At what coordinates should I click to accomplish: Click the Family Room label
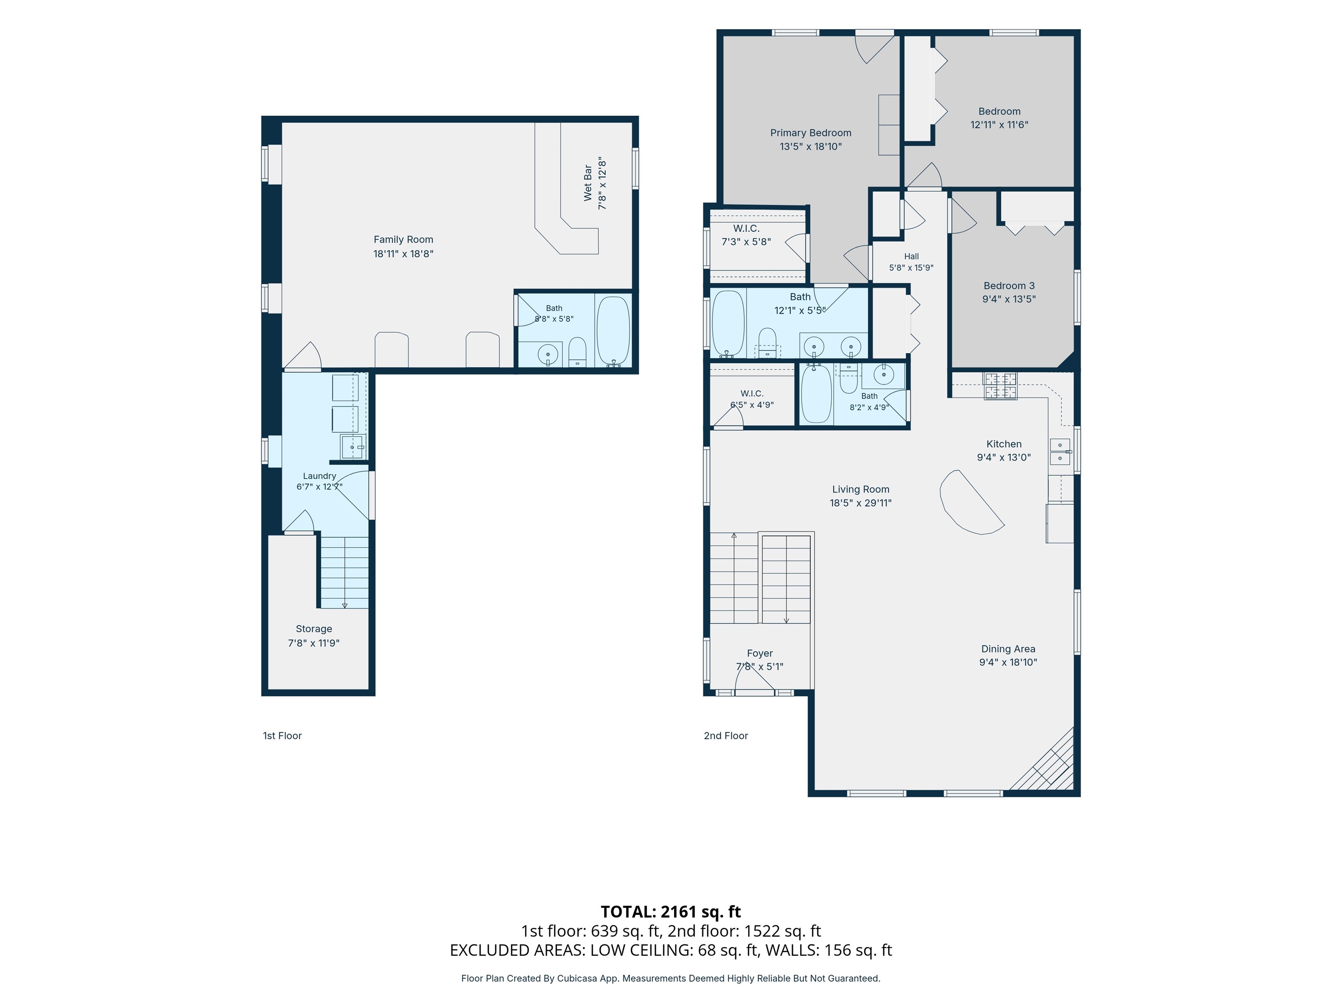pos(404,240)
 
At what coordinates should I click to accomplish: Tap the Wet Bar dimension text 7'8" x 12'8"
pos(602,184)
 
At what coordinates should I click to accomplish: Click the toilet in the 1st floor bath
pos(577,352)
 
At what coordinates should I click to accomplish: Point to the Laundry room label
pos(320,476)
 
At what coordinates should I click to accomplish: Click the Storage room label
pos(314,629)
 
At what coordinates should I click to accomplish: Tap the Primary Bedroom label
pos(810,133)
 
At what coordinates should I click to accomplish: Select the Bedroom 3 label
pos(1009,286)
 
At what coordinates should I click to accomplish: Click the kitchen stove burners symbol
pos(1000,386)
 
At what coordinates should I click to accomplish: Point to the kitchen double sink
pos(1060,452)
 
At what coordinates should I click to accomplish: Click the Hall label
pos(911,256)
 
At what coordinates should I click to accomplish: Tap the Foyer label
pos(760,653)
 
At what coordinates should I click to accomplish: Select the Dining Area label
pos(1008,649)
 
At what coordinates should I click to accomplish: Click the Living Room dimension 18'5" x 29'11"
pos(860,503)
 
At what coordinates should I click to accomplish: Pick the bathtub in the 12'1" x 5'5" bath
pos(728,323)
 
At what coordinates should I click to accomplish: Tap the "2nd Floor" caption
pos(726,736)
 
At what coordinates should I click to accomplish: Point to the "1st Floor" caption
pos(282,736)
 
